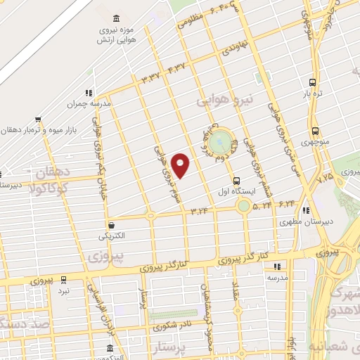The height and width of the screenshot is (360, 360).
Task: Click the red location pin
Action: click(181, 166)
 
